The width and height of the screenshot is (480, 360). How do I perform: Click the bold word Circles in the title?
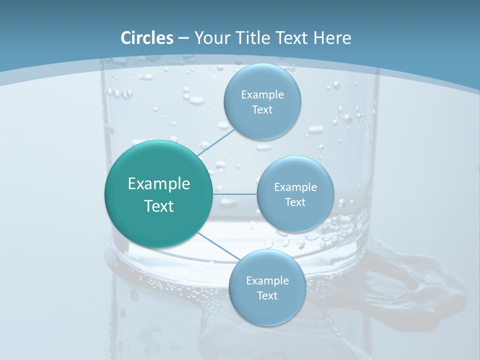147,38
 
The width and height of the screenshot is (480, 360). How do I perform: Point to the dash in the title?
183,38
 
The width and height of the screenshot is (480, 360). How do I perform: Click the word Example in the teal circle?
159,184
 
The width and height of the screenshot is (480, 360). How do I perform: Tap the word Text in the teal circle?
159,206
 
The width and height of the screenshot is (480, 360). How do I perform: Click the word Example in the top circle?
262,95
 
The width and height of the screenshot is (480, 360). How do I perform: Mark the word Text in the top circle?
262,110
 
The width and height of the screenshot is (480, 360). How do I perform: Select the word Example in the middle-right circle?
295,187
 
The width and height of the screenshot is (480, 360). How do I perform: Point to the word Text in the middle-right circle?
295,202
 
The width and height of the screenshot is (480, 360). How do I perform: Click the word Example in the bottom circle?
267,281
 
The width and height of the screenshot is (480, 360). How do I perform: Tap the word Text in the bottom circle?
267,296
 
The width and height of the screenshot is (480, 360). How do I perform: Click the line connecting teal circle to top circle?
216,143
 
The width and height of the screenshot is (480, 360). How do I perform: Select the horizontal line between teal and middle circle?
234,193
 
